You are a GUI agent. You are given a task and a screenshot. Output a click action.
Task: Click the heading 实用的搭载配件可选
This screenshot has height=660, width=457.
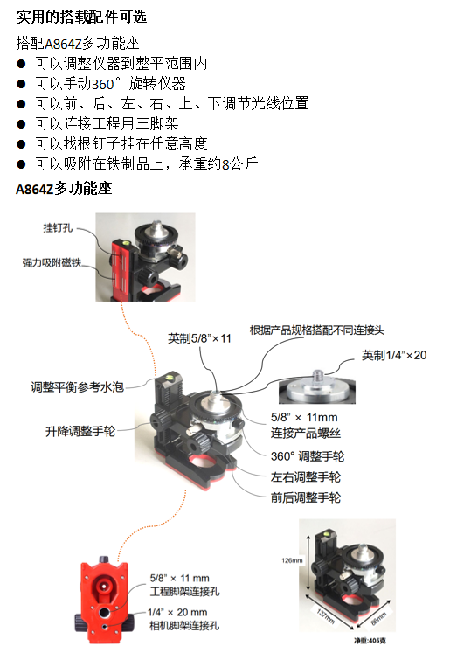coord(81,17)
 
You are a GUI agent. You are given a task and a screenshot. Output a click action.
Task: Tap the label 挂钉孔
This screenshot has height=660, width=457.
coord(58,227)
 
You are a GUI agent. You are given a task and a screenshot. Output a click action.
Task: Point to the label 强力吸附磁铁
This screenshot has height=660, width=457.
coord(52,262)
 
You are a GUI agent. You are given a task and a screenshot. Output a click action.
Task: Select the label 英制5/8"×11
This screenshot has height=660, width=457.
coord(199,338)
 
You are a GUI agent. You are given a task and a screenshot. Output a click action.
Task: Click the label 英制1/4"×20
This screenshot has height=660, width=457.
coord(394,355)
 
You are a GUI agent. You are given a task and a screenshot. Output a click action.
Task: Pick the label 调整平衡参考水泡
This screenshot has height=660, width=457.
coord(77,387)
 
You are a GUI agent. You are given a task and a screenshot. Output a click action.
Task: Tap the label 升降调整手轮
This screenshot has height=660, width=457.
coord(80,432)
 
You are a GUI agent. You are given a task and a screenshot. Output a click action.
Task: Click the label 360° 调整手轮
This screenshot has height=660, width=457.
coord(308,456)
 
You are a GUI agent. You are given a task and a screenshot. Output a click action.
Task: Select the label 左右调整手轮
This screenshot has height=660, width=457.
coord(306,477)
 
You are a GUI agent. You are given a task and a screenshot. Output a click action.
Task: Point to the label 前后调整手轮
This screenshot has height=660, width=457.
coord(306,497)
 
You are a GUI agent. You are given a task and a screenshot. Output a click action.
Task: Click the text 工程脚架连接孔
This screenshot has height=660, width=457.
coord(184,592)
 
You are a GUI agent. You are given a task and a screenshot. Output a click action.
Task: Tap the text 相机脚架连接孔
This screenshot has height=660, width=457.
coord(184,626)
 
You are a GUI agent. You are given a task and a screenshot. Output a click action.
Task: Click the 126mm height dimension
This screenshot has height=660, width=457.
coord(292,560)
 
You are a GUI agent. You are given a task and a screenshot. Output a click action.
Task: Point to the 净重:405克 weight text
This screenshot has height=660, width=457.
coord(370,641)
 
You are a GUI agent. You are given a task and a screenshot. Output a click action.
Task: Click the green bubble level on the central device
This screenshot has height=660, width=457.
coord(171,375)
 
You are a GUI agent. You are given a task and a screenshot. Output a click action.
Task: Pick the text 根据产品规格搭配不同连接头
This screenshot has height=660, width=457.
coord(317,330)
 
